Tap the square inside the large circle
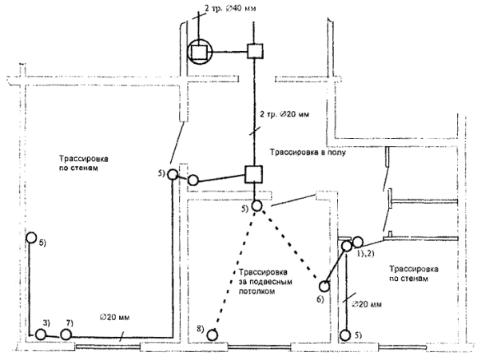[200, 53]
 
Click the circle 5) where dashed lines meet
[256, 206]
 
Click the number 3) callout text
[46, 322]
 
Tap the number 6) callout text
[318, 299]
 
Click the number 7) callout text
[69, 322]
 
